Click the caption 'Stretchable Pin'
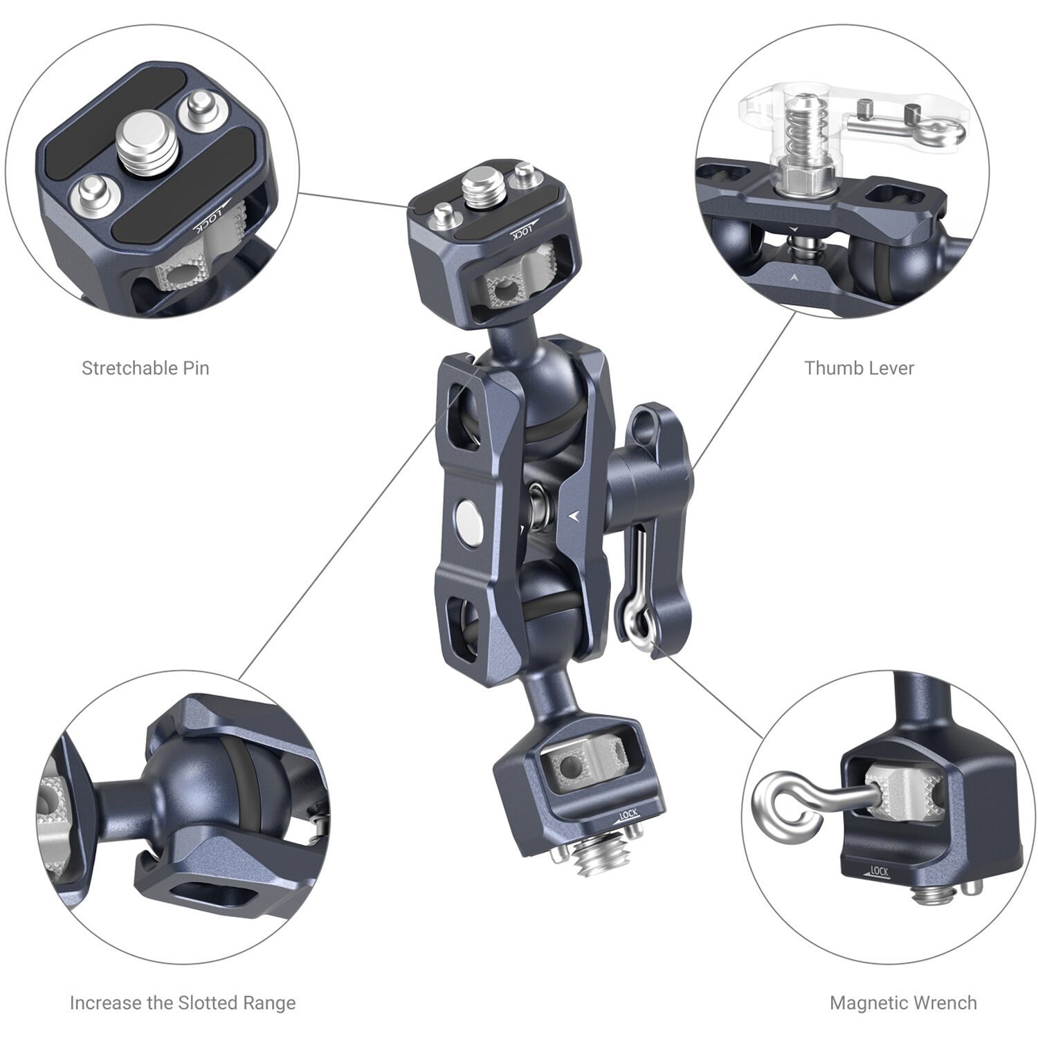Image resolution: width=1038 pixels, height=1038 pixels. [145, 368]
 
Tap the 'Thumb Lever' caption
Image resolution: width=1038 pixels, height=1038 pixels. [859, 368]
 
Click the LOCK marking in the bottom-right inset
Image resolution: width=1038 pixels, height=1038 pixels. [877, 871]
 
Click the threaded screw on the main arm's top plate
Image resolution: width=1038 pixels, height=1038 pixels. [477, 186]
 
